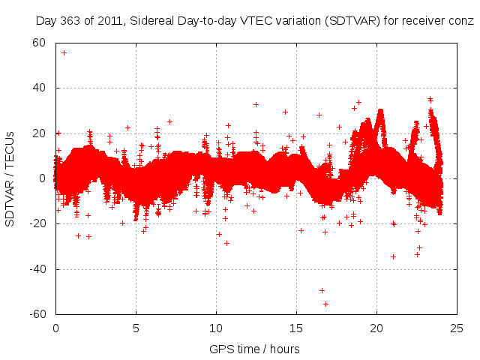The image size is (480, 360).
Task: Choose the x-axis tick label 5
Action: (x=136, y=328)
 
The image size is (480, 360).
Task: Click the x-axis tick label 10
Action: (x=216, y=328)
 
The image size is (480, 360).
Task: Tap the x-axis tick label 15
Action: (x=296, y=328)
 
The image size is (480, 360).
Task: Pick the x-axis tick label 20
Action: (x=376, y=328)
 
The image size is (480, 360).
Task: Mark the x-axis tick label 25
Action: (x=457, y=328)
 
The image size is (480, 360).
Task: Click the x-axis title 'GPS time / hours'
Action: (x=256, y=349)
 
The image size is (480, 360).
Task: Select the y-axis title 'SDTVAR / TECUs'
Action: (x=10, y=178)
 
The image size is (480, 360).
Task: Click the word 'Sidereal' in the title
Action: (x=152, y=20)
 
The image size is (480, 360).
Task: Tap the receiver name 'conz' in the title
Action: (x=462, y=20)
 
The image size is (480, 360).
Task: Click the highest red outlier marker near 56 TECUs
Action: (x=64, y=52)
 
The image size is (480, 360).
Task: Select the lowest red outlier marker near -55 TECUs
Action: (x=325, y=304)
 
